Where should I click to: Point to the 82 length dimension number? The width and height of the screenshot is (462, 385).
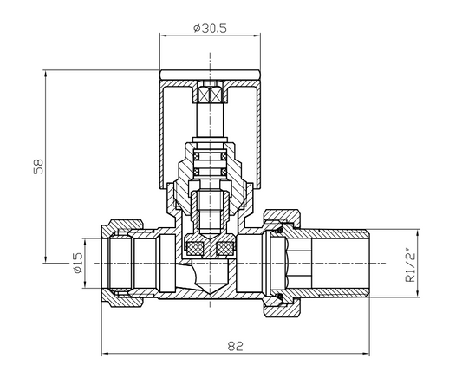(x=234, y=345)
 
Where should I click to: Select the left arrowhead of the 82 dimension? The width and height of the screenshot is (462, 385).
(x=107, y=354)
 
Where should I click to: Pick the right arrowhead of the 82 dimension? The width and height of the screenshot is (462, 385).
(x=369, y=354)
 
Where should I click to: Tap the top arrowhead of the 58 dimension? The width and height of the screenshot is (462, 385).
(x=46, y=75)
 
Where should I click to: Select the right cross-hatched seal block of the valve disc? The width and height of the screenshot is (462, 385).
(x=224, y=250)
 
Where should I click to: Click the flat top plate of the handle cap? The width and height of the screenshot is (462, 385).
(x=211, y=74)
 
